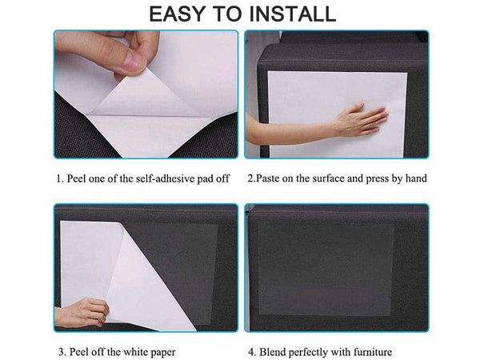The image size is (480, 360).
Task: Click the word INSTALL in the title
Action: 293,14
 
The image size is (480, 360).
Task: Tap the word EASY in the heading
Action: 177,14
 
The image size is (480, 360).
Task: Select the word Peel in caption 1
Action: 76,178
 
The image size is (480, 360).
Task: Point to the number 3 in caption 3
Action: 62,352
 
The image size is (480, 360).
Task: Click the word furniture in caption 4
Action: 373,352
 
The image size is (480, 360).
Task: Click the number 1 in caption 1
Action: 59,178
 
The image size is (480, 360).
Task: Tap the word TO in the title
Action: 226,14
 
